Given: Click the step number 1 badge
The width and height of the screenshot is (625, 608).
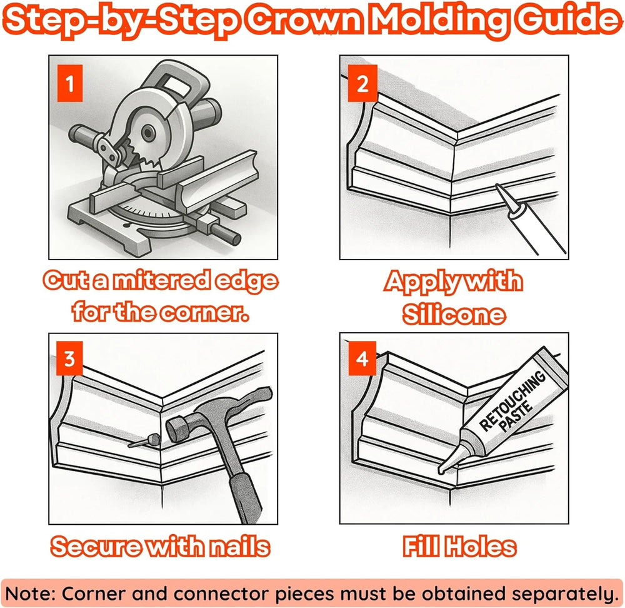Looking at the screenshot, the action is pos(70,83).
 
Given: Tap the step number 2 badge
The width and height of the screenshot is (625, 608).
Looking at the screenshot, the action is pos(362,83).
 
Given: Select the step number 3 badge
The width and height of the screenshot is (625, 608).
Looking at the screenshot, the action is pos(69,358).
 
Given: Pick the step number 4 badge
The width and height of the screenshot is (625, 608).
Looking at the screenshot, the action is pos(362,358).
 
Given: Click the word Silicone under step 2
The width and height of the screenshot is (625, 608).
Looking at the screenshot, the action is pos(454,315).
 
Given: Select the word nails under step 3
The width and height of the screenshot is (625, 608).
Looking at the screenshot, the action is pos(240,547).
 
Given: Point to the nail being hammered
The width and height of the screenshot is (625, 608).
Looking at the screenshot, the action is pos(145,441).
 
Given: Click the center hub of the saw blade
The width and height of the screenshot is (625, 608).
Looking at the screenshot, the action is pos(148,133).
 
